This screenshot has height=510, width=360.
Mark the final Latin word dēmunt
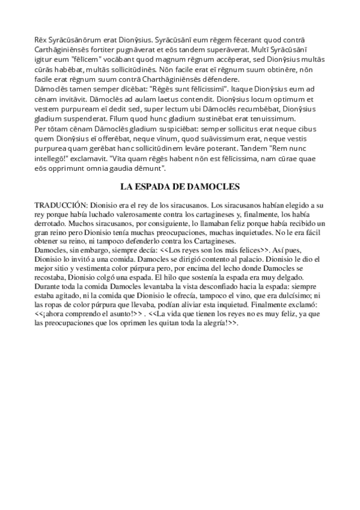pos(148,170)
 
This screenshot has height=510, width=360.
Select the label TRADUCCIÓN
pos(61,205)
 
